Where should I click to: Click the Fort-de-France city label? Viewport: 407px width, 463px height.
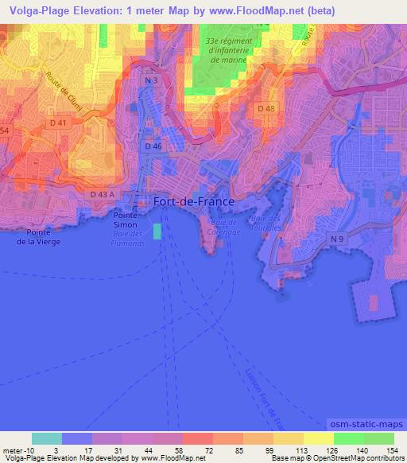(x=193, y=202)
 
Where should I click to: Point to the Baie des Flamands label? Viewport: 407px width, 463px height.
(x=127, y=239)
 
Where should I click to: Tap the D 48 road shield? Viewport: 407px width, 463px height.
(x=266, y=107)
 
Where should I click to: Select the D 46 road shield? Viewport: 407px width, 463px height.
(x=153, y=147)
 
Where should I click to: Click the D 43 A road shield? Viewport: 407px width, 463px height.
(x=102, y=194)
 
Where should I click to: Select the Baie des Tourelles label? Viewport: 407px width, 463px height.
(x=266, y=222)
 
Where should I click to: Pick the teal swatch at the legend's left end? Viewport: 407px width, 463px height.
(x=47, y=438)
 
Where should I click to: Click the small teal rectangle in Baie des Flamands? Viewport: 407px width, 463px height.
(x=157, y=231)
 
